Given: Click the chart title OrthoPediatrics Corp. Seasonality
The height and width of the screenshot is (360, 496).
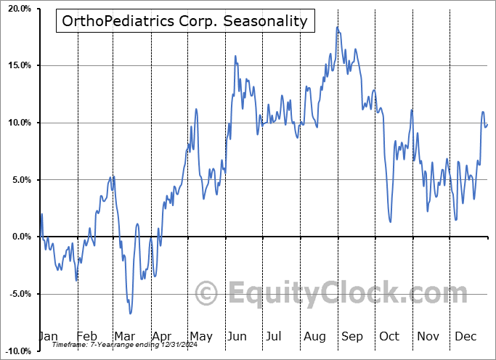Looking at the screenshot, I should (185, 21).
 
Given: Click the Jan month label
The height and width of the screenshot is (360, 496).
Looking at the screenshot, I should (48, 337).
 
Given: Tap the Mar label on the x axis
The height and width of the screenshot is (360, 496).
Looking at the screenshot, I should (124, 337).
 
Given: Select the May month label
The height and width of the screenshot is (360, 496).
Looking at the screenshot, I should (200, 337).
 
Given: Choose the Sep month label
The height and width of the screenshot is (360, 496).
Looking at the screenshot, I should (352, 337).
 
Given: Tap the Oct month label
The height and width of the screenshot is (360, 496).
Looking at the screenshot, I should (390, 337).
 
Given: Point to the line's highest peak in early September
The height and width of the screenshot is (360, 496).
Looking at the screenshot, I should (337, 27).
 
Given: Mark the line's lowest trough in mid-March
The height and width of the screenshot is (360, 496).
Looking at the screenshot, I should (131, 314).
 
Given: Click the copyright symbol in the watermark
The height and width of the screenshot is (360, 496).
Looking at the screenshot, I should (207, 293).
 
